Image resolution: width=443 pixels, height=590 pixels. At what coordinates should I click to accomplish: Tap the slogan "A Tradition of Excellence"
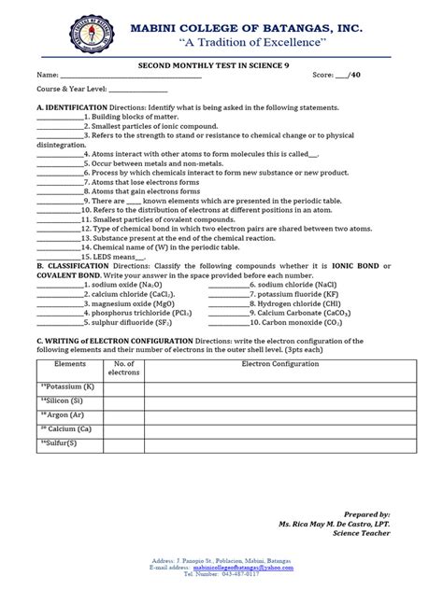pos(247,44)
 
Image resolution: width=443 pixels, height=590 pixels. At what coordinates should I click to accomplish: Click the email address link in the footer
pos(254,566)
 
